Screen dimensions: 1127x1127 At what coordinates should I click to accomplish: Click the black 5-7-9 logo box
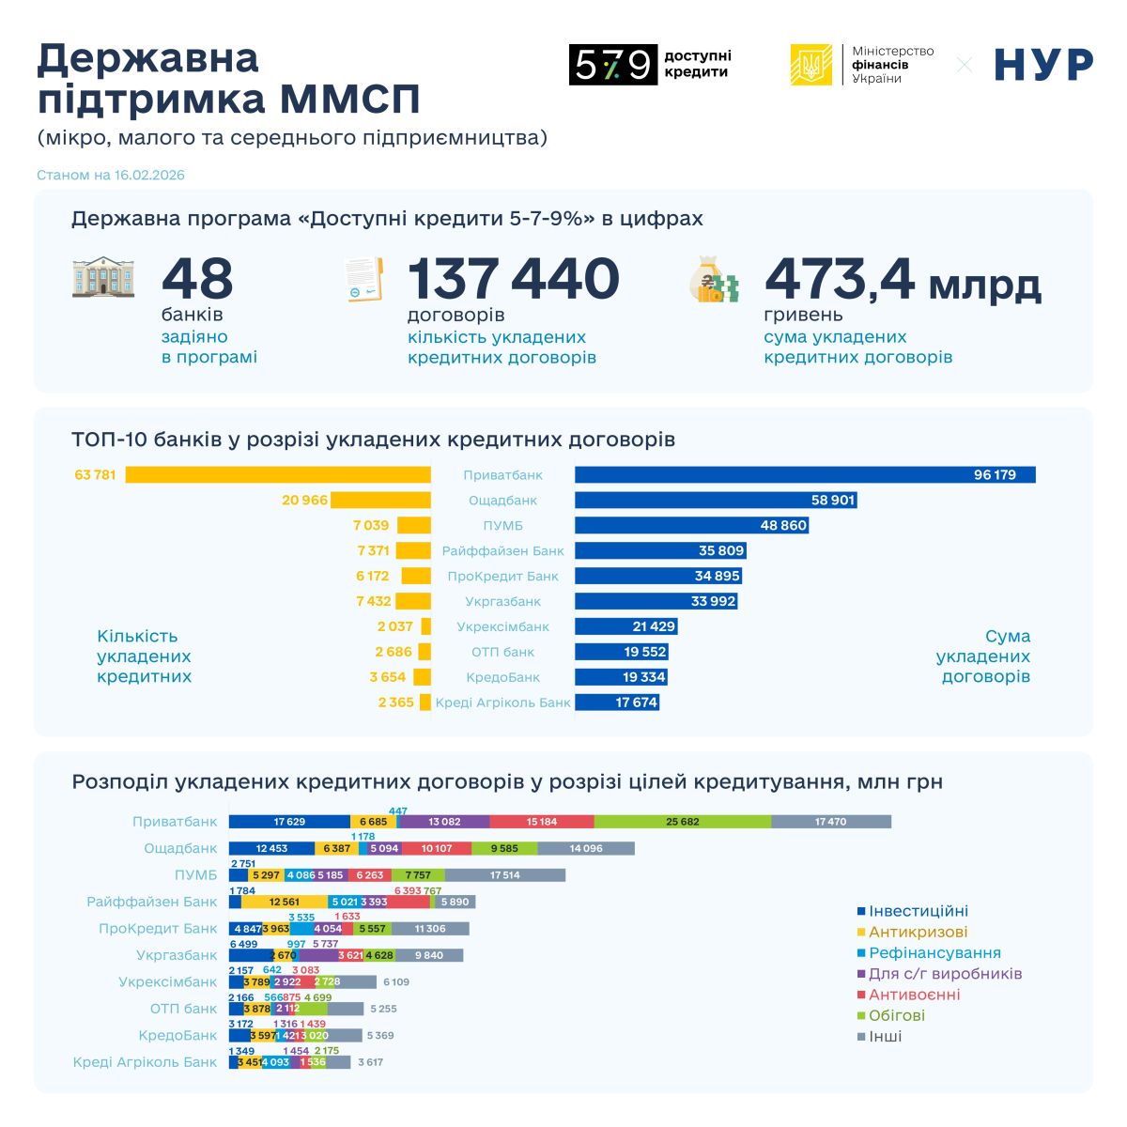tap(612, 65)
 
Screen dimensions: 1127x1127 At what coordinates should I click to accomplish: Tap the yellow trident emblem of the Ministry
tap(811, 65)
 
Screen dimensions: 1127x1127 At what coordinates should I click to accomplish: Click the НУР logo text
tap(1043, 65)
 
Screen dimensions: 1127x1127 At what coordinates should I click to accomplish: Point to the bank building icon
tap(103, 278)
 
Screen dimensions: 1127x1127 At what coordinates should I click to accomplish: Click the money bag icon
tap(714, 280)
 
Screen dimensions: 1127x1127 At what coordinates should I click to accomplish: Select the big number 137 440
tap(513, 279)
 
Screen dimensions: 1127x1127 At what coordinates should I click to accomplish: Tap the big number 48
tap(197, 279)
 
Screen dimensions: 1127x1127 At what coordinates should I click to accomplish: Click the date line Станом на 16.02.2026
tap(111, 176)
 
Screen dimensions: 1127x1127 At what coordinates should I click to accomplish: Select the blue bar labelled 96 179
tap(805, 475)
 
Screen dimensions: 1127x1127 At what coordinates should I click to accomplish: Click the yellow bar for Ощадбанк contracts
tap(380, 501)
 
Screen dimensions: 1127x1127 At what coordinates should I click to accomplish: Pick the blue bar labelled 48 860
tap(691, 526)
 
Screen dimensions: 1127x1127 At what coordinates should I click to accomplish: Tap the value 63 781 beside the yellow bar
tap(96, 475)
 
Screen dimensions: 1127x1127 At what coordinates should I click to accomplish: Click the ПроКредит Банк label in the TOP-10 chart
tap(502, 577)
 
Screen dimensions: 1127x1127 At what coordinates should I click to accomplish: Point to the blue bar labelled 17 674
tap(617, 702)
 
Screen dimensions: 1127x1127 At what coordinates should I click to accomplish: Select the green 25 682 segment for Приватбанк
tap(683, 822)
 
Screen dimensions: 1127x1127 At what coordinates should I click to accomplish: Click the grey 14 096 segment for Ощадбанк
tap(586, 849)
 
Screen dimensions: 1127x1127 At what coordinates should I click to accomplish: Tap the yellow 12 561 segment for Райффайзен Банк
tap(285, 903)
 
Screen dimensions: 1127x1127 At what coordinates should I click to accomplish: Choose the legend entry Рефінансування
tap(934, 953)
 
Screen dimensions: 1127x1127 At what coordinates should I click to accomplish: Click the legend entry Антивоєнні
tap(914, 995)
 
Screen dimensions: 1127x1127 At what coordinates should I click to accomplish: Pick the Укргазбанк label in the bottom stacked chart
tap(177, 956)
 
